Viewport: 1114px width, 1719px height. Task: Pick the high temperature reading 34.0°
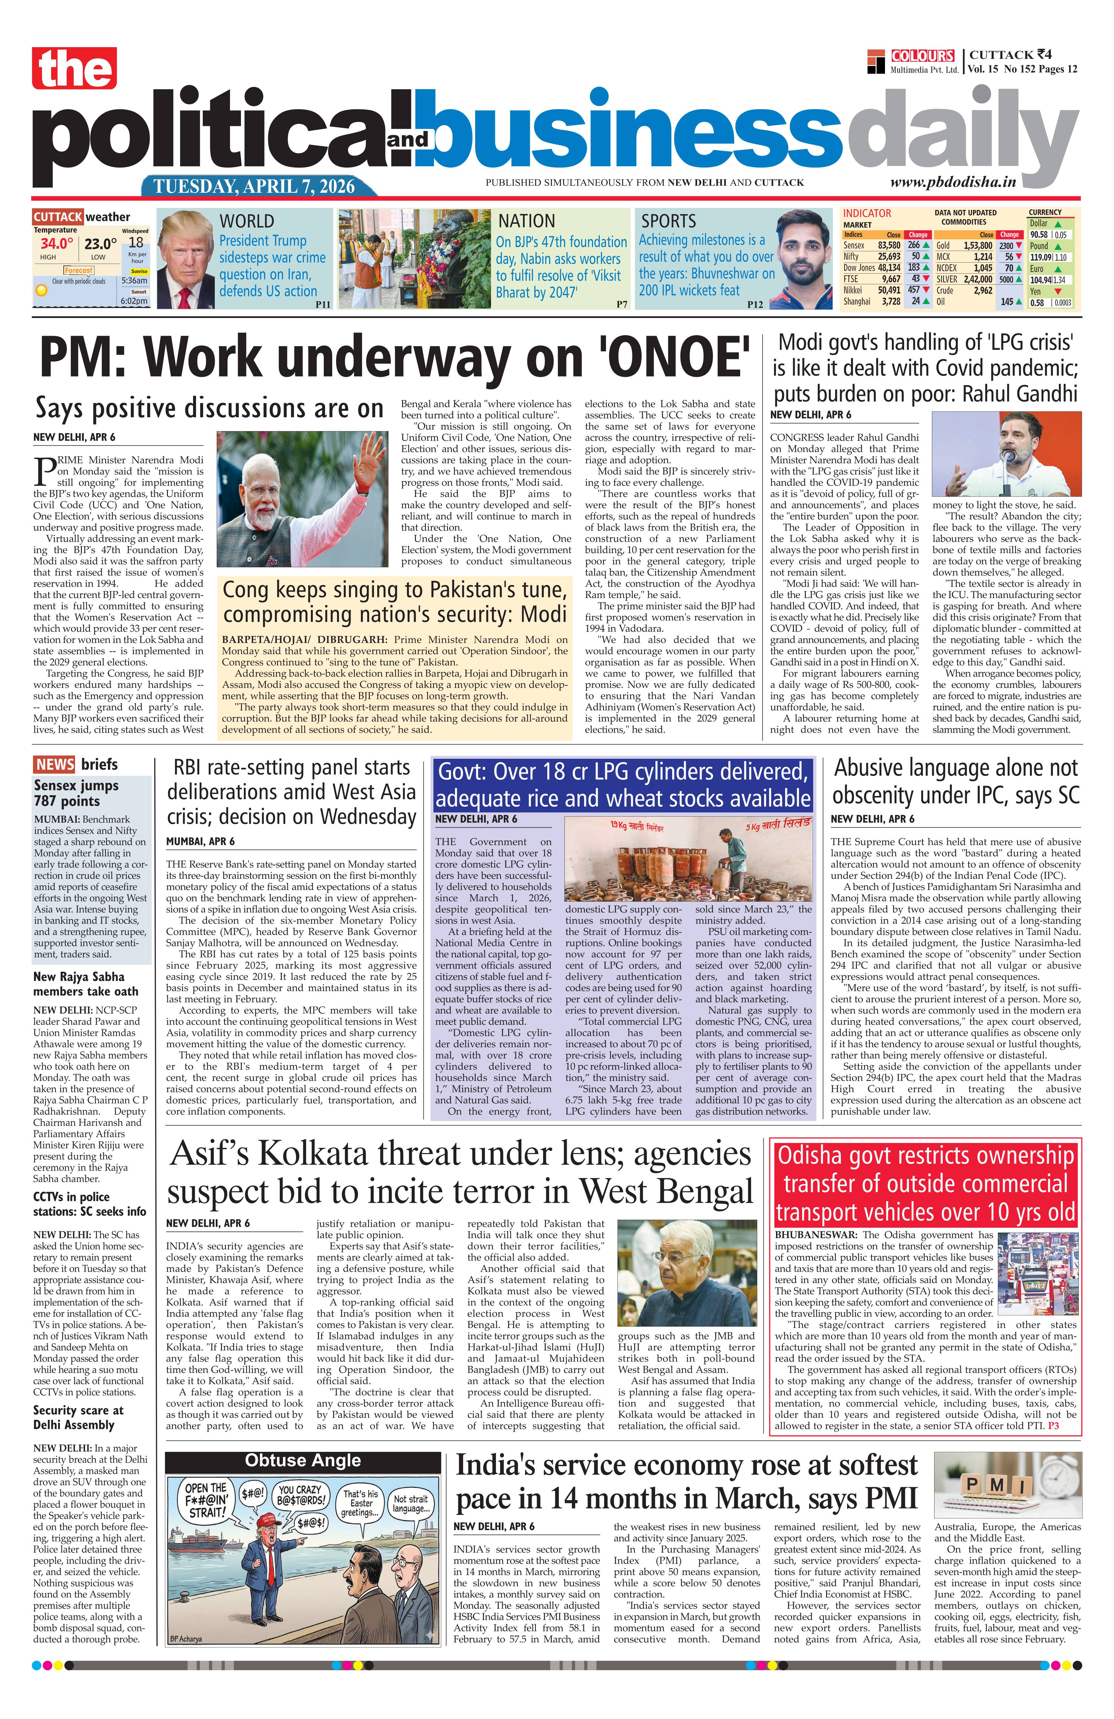point(56,244)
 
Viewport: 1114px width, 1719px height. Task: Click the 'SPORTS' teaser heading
point(668,220)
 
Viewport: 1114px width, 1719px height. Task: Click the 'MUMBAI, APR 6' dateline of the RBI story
point(200,842)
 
